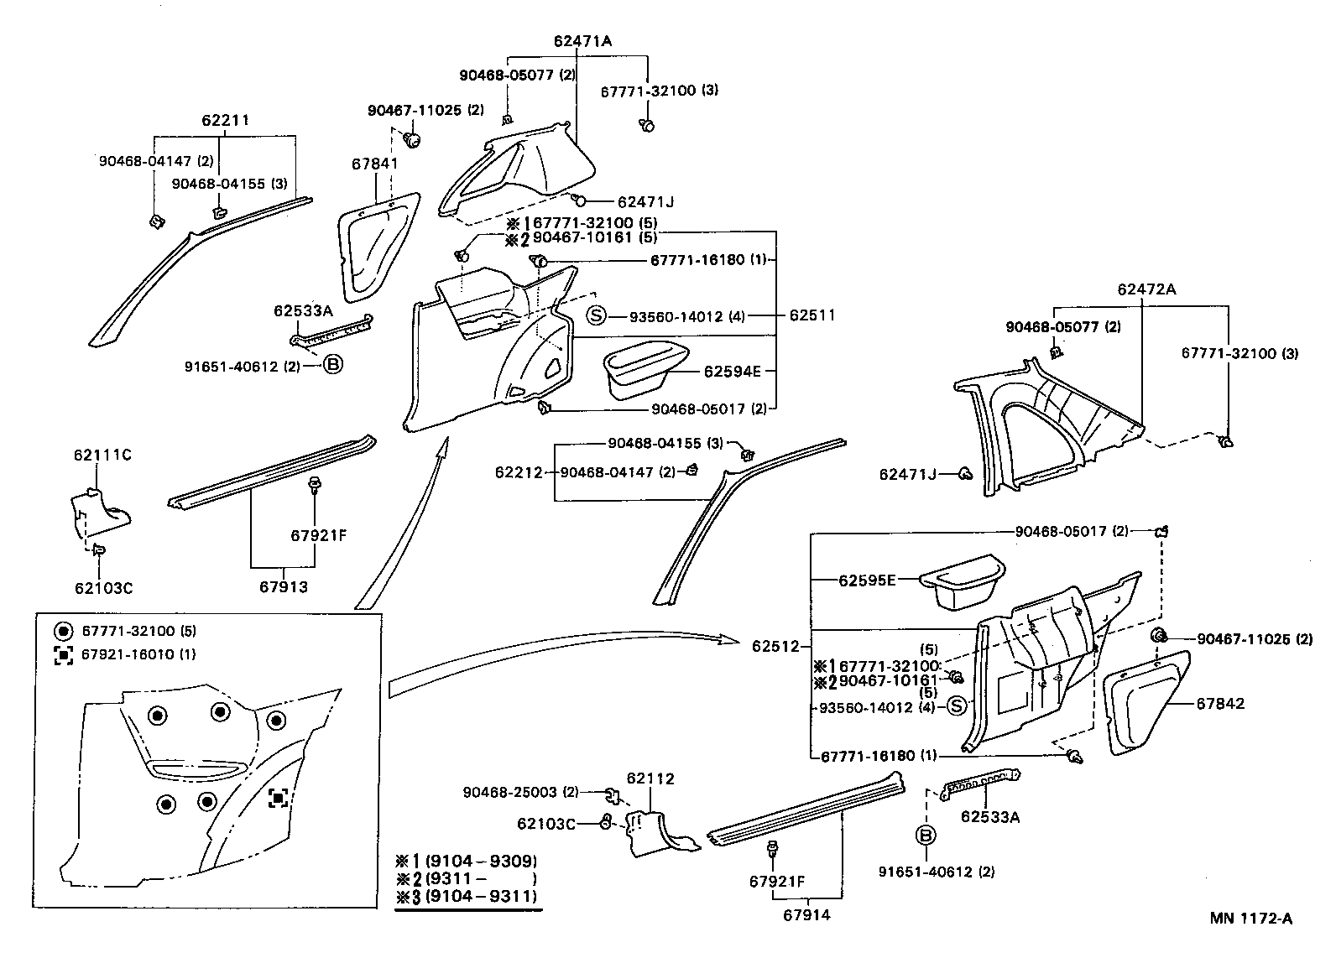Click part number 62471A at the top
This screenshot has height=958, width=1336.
coord(582,40)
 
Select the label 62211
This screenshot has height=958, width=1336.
coord(225,121)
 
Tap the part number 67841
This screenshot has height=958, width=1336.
coord(374,164)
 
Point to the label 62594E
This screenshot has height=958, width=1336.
coord(732,372)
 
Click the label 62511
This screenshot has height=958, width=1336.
coord(812,316)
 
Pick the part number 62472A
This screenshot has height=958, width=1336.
coord(1146,289)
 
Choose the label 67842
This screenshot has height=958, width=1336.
coord(1220,704)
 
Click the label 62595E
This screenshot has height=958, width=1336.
coord(868,580)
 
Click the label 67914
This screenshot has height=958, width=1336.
coord(806,915)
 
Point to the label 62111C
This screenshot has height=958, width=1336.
coord(102,456)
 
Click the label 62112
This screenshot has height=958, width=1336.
coord(650,779)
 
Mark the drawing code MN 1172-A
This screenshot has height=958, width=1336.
coord(1250,919)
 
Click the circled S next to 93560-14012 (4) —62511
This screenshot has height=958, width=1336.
coord(595,316)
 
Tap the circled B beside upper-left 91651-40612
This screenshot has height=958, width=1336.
coord(333,365)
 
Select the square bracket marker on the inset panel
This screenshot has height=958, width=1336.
coord(279,798)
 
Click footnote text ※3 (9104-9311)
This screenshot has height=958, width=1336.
coord(467,897)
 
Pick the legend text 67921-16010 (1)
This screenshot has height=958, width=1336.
coord(138,654)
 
